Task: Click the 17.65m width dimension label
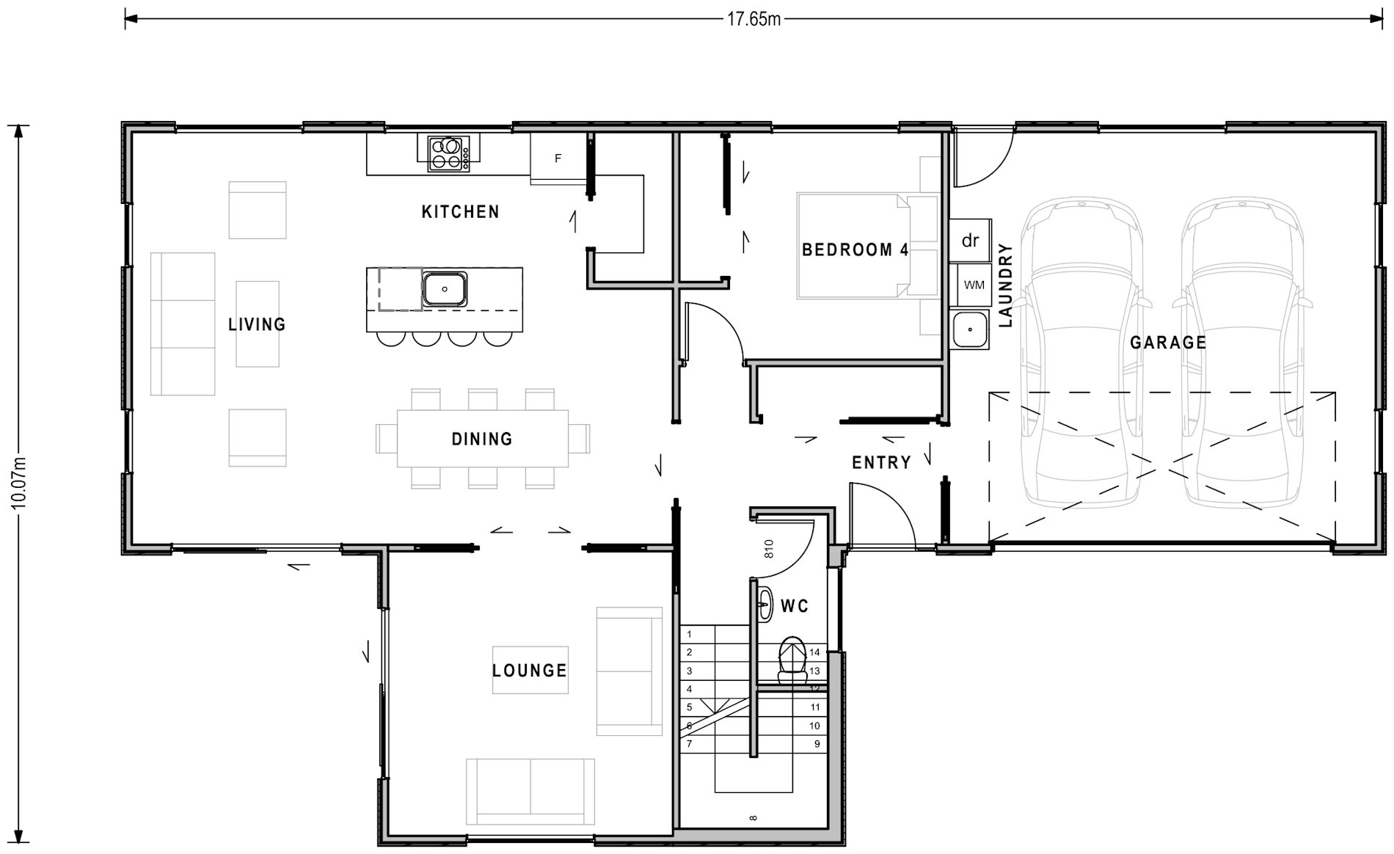[x=753, y=19]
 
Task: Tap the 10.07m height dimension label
[x=19, y=481]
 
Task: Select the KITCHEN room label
[x=460, y=212]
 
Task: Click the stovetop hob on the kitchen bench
[x=448, y=153]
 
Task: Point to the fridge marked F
[x=558, y=157]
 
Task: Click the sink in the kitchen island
[x=445, y=289]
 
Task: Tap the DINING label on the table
[x=482, y=439]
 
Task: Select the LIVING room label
[x=257, y=324]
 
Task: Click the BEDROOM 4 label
[x=855, y=250]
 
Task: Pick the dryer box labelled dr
[x=970, y=241]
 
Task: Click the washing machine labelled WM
[x=974, y=285]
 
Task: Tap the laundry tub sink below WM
[x=970, y=329]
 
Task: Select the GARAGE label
[x=1168, y=342]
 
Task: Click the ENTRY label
[x=881, y=462]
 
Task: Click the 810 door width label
[x=769, y=549]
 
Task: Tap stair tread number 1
[x=689, y=634]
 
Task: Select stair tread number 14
[x=814, y=652]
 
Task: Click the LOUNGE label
[x=529, y=670]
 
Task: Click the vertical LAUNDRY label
[x=1005, y=285]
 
